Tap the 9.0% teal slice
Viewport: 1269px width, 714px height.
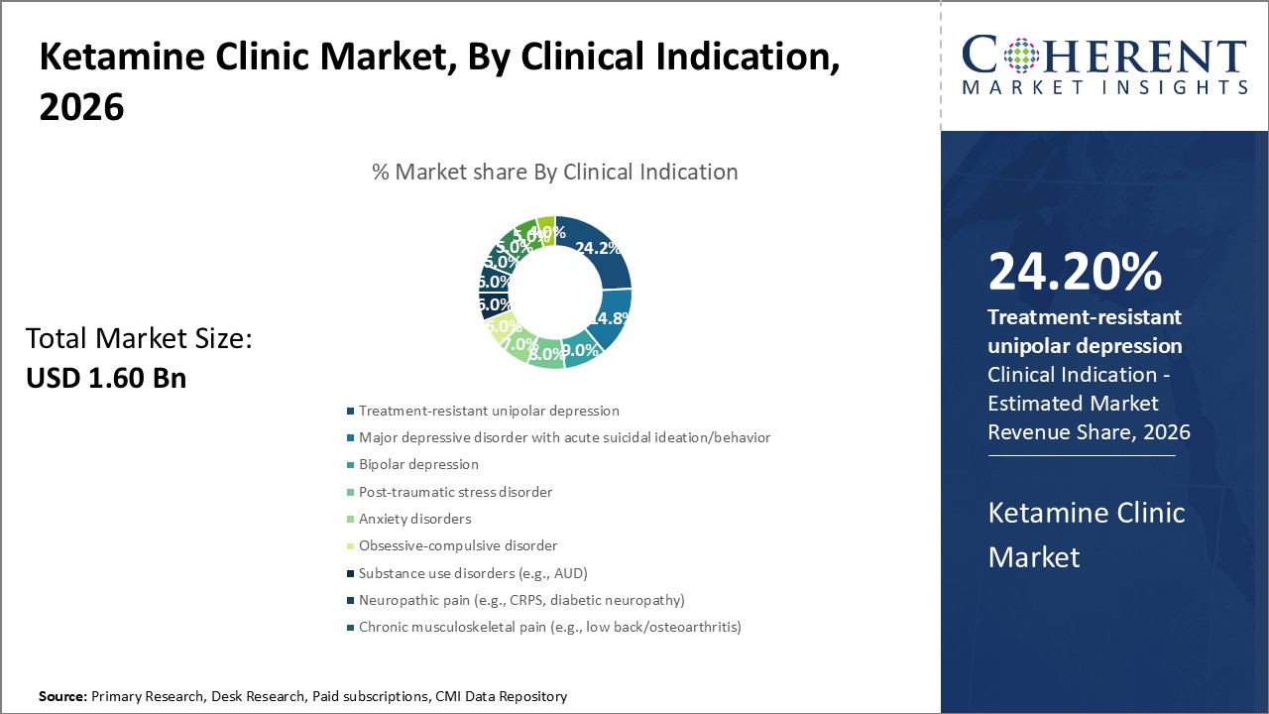click(x=579, y=350)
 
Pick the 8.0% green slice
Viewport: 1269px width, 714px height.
click(x=545, y=353)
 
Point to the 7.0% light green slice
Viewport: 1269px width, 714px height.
click(x=517, y=342)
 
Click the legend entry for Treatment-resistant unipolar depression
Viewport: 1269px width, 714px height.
click(x=489, y=411)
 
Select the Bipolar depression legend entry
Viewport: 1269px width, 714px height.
click(x=418, y=464)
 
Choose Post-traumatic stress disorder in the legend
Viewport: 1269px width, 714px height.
click(x=455, y=492)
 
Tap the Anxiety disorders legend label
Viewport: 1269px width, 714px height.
click(x=414, y=519)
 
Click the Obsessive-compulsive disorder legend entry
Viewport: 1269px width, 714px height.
click(x=458, y=545)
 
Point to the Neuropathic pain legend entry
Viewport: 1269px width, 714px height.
click(x=521, y=600)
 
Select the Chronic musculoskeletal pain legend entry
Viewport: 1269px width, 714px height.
click(x=549, y=627)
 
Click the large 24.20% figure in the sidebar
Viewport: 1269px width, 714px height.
click(x=1075, y=273)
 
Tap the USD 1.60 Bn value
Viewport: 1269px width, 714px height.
click(x=106, y=378)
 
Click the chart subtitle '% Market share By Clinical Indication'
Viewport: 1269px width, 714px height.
click(x=554, y=172)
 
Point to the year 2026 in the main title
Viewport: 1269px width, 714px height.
click(x=81, y=107)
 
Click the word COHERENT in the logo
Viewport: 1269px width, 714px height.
click(x=1104, y=56)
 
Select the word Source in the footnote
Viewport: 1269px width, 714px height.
click(x=61, y=696)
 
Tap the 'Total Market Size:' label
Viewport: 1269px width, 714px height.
click(x=139, y=339)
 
